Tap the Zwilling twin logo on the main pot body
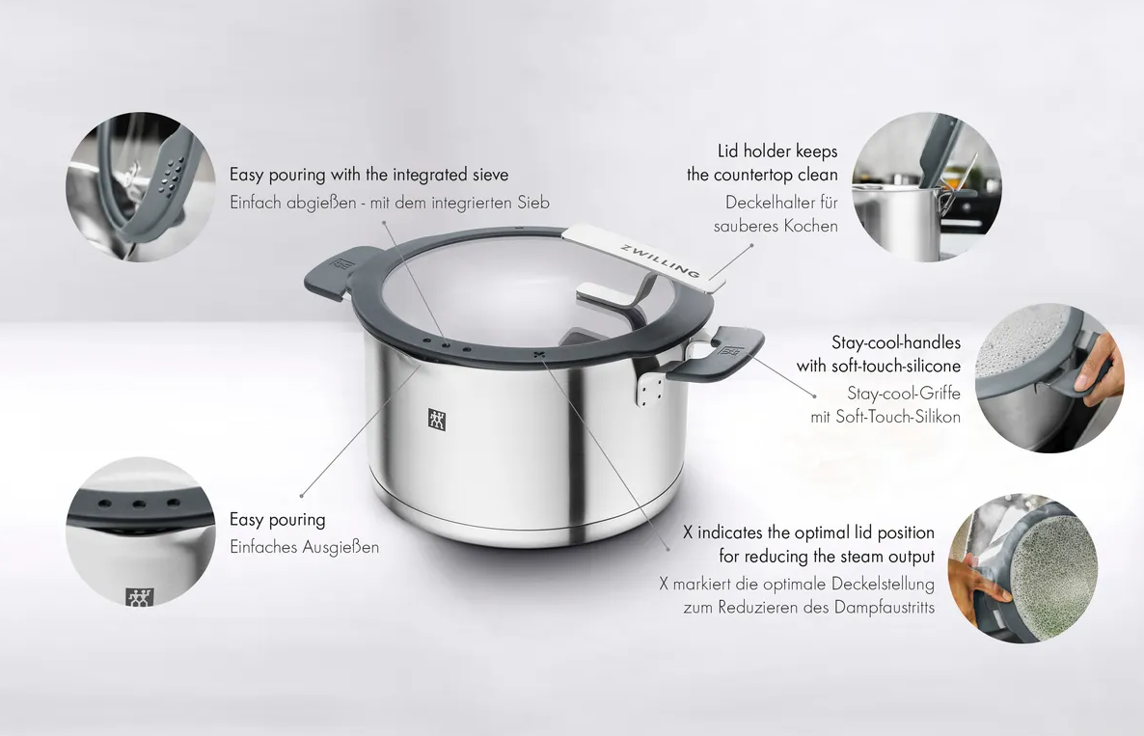[x=436, y=421]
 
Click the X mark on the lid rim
[x=539, y=355]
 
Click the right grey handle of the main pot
[x=719, y=354]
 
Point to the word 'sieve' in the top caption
[x=488, y=175]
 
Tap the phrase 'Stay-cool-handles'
[x=896, y=342]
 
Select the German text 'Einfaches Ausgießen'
[x=304, y=547]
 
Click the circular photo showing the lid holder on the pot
[x=927, y=187]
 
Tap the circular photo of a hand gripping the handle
[x=1049, y=378]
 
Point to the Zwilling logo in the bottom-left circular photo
[x=139, y=597]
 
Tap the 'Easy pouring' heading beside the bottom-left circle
[x=277, y=519]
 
